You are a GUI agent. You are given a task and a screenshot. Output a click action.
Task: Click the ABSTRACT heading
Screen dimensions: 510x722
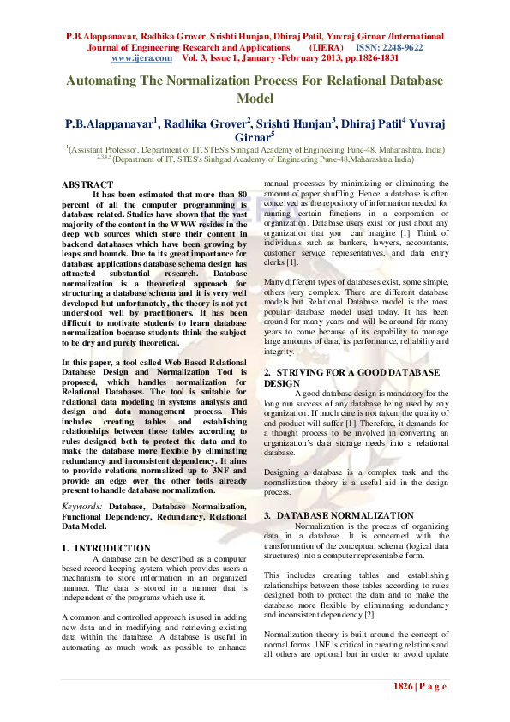[87, 184]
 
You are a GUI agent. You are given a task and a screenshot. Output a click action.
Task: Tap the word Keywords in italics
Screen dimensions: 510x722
[82, 506]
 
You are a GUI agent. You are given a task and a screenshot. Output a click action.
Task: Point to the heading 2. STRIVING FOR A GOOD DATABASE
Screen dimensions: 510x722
[351, 373]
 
